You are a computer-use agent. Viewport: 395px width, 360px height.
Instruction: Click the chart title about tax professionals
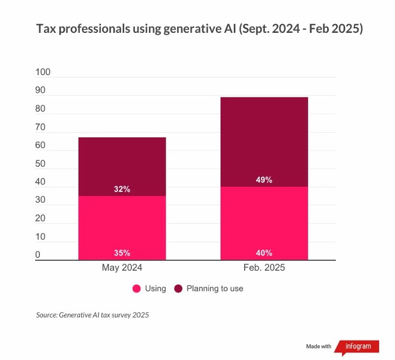[200, 29]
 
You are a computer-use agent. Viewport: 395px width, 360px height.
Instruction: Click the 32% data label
[122, 189]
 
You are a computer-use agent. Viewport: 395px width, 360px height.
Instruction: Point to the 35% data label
[122, 253]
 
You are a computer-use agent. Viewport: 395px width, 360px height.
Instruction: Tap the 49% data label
[264, 180]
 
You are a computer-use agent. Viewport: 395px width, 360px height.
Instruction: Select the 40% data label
[264, 253]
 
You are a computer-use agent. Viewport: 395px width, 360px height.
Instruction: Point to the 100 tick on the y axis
[43, 72]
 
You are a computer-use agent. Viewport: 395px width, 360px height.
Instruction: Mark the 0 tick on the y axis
[38, 255]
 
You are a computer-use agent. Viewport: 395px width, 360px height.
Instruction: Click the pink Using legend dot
[137, 288]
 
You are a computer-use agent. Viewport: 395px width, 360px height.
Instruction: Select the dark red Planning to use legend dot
[178, 288]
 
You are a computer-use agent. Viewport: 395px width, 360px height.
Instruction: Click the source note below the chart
[93, 315]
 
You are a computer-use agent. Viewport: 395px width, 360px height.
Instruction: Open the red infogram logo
[357, 346]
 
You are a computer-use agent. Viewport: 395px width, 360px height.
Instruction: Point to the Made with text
[319, 346]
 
